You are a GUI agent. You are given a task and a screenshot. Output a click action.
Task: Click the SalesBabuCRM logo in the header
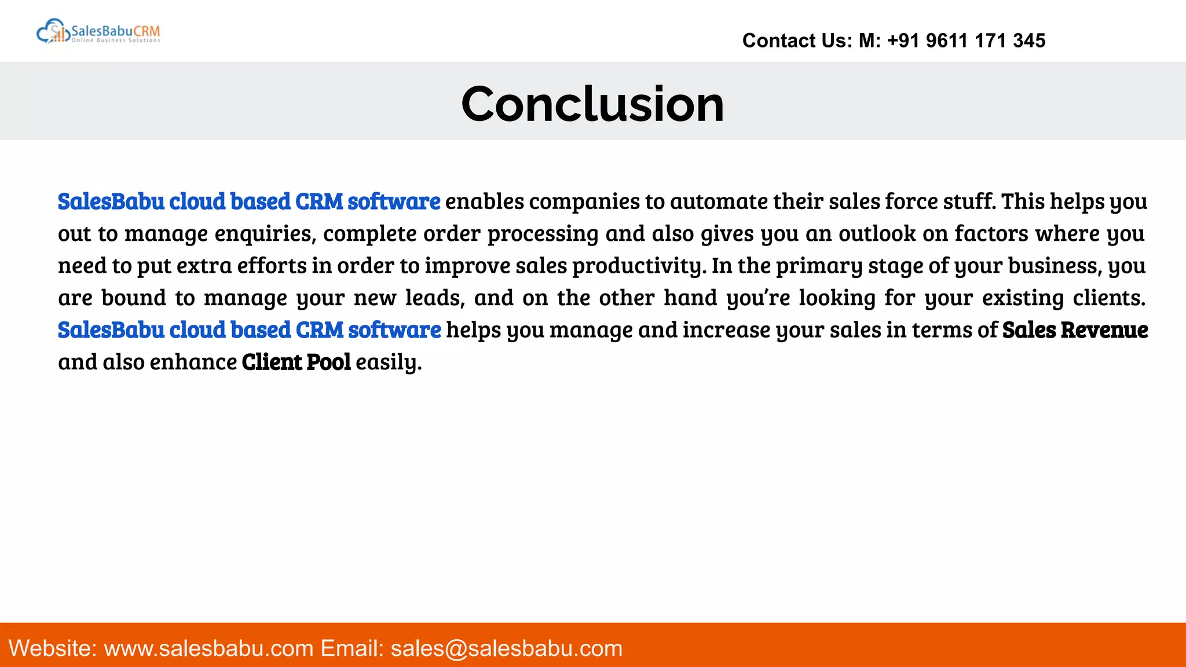pyautogui.click(x=98, y=32)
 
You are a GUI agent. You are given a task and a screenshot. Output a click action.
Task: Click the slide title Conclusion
pyautogui.click(x=592, y=104)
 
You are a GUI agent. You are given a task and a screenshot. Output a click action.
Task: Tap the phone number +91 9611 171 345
pyautogui.click(x=966, y=41)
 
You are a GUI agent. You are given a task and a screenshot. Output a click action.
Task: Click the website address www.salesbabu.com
pyautogui.click(x=208, y=648)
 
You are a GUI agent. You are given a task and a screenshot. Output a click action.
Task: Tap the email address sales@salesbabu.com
pyautogui.click(x=506, y=648)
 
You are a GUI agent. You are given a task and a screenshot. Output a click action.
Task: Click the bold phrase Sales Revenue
pyautogui.click(x=1075, y=330)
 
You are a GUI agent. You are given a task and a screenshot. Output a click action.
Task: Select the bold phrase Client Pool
pyautogui.click(x=296, y=362)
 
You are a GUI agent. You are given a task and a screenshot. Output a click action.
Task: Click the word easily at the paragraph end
pyautogui.click(x=388, y=362)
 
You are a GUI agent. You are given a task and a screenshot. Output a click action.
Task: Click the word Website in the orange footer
pyautogui.click(x=53, y=648)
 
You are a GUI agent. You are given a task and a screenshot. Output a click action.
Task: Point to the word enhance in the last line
pyautogui.click(x=193, y=362)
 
